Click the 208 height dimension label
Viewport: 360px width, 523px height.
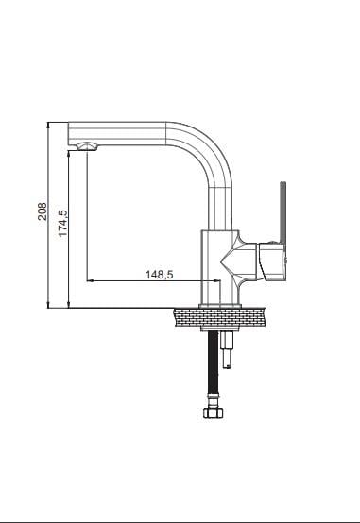(x=43, y=211)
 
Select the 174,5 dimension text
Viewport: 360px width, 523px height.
(x=62, y=223)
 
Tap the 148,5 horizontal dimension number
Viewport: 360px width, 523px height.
(x=160, y=275)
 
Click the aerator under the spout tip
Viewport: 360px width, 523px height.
(x=87, y=146)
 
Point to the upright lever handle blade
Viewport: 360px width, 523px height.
(x=283, y=212)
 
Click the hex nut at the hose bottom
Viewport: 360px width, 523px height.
(x=213, y=413)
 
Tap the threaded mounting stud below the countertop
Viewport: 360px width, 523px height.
(x=227, y=350)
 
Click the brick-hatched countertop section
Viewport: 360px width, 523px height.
(x=219, y=317)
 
